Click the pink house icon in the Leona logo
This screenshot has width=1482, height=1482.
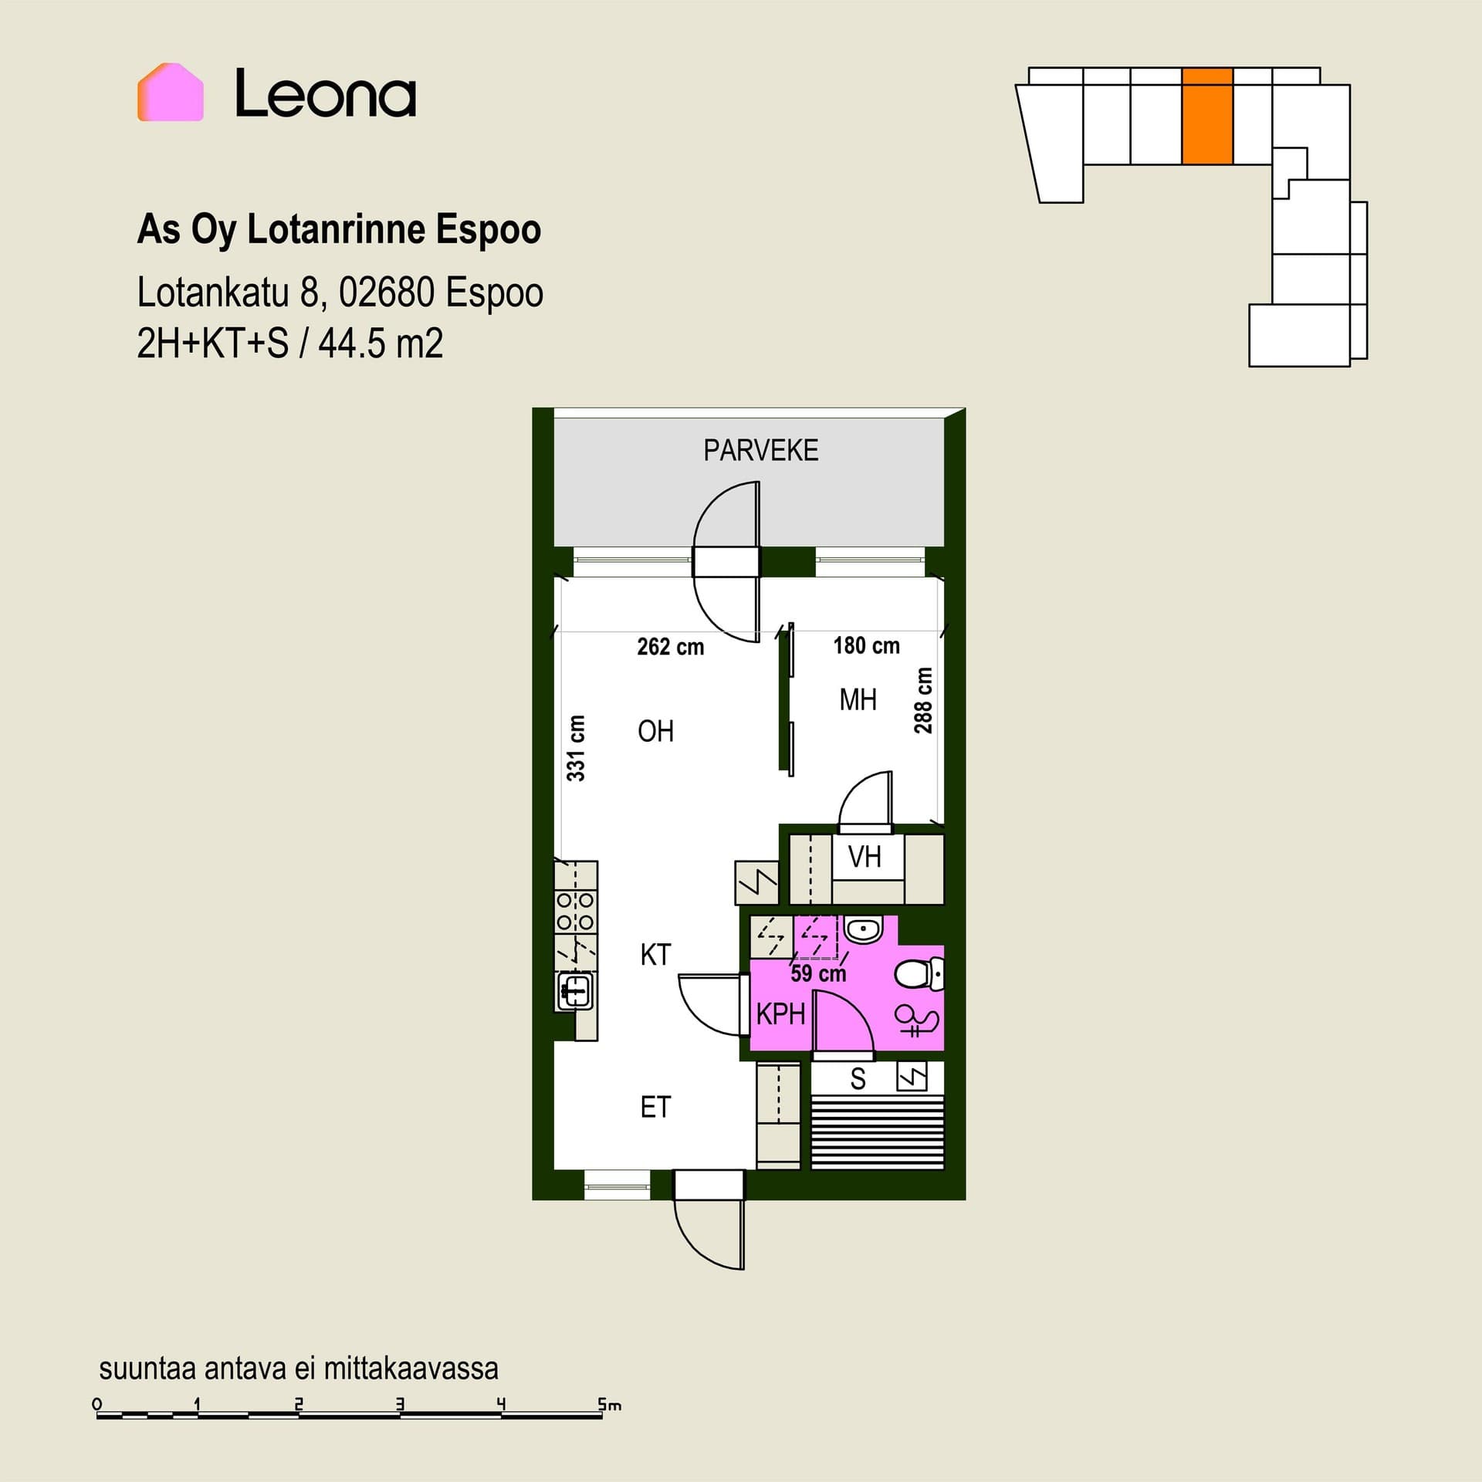(x=171, y=92)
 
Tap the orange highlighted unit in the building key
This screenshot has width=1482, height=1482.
(x=1207, y=116)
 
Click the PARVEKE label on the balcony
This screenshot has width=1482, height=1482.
(x=760, y=450)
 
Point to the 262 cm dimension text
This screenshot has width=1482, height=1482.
(x=670, y=646)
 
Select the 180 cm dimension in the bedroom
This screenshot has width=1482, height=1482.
(x=866, y=645)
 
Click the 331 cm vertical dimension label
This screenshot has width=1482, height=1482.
(x=576, y=748)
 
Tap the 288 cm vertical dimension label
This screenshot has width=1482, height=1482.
(x=923, y=700)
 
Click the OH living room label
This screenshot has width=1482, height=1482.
(x=655, y=731)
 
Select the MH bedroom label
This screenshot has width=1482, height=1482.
(x=858, y=699)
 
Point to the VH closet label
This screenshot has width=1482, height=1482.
(x=864, y=857)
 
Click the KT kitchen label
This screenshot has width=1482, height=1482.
(x=655, y=955)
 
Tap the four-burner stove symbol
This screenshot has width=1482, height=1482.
(x=576, y=911)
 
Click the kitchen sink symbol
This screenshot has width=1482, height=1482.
(x=576, y=992)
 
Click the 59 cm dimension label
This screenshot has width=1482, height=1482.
(x=818, y=973)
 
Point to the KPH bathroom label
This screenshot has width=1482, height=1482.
(x=780, y=1013)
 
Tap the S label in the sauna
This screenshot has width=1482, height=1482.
(x=858, y=1079)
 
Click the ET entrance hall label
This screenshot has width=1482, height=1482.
(x=655, y=1108)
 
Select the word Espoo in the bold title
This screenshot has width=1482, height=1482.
(x=489, y=229)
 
